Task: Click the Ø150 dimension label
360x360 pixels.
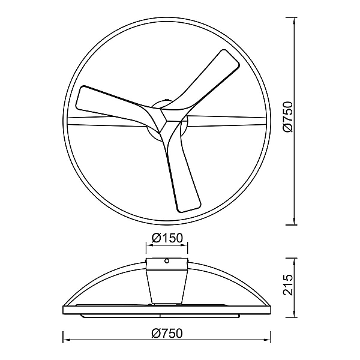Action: (x=167, y=238)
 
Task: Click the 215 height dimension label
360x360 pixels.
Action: (x=288, y=284)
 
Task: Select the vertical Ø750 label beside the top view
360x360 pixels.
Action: (x=288, y=117)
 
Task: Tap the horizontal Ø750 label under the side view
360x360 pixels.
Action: (x=167, y=334)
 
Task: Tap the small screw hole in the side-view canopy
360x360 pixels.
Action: (x=167, y=260)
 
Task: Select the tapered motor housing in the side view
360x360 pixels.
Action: (x=167, y=287)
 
